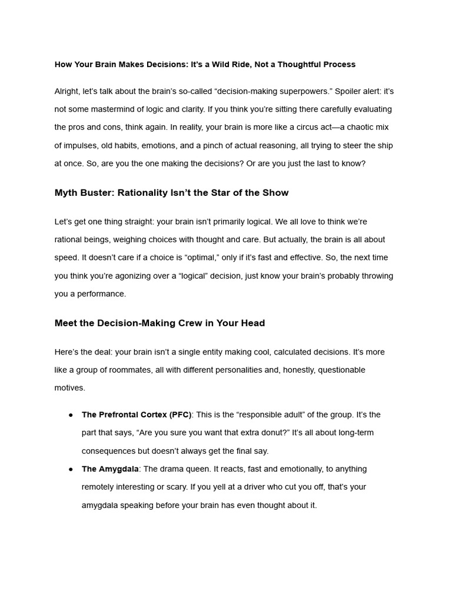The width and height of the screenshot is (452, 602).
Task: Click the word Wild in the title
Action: coord(218,64)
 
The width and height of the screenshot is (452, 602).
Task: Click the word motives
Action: coord(69,388)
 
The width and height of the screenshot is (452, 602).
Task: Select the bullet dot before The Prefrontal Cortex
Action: coord(71,415)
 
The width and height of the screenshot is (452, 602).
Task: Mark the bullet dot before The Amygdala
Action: coord(71,469)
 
